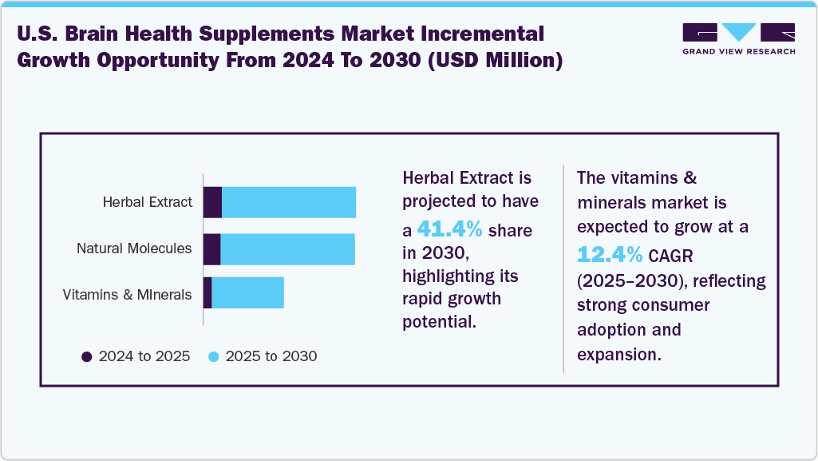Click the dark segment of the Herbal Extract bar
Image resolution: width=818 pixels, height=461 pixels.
tap(212, 202)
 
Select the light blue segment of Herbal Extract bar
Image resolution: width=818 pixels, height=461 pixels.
tap(288, 202)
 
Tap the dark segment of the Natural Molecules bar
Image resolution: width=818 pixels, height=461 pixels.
tap(211, 249)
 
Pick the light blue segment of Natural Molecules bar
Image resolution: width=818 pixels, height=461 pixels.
tap(287, 249)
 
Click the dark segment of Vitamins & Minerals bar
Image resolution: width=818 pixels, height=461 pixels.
tap(207, 293)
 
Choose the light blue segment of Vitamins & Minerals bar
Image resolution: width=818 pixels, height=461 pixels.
tap(247, 293)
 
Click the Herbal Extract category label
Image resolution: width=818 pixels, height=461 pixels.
tap(148, 202)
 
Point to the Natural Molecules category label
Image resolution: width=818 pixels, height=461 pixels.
tap(134, 248)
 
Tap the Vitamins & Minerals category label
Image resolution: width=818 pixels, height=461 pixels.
tap(128, 295)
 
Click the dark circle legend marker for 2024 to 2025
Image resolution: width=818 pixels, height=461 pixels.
tap(87, 356)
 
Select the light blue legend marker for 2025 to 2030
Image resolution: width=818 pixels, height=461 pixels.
tap(213, 356)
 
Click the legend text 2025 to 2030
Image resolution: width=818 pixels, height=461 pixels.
tap(271, 356)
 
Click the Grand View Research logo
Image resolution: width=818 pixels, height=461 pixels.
tap(738, 38)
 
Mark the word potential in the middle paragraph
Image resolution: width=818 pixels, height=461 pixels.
tap(439, 321)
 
